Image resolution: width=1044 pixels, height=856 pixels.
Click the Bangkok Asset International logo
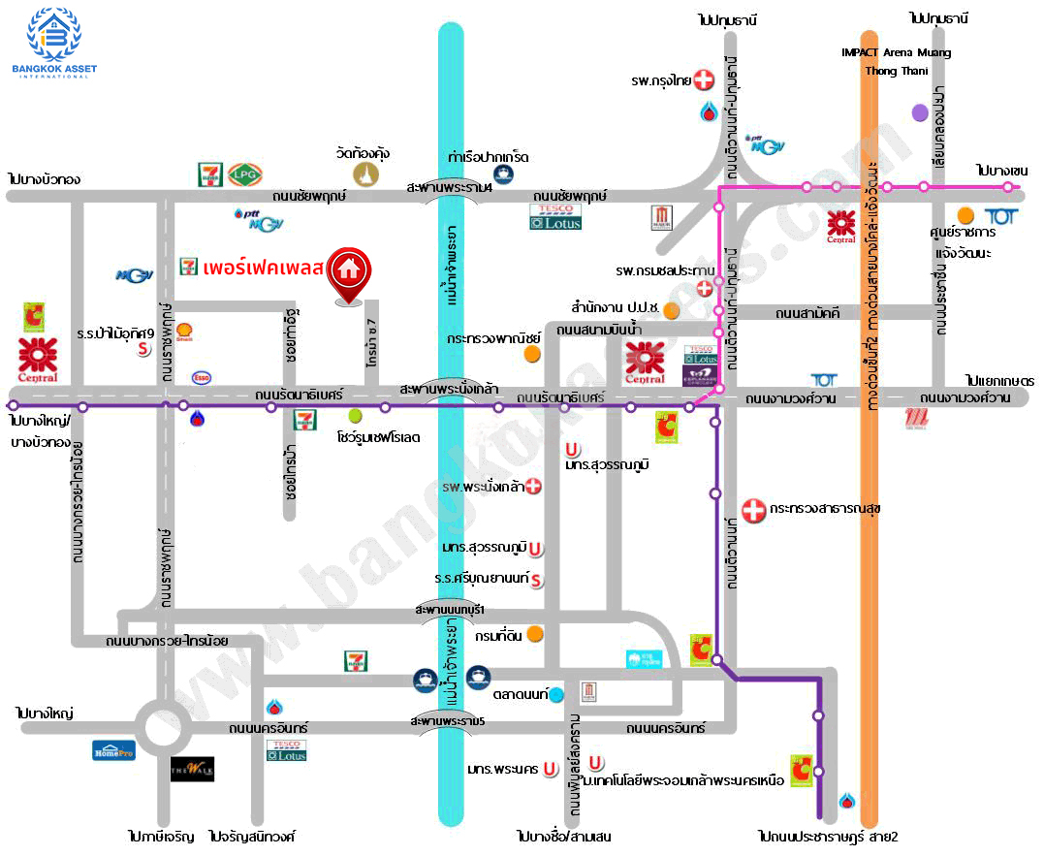coord(54,40)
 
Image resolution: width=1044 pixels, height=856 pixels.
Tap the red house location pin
coord(346,272)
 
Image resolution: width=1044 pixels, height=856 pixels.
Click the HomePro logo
coord(113,749)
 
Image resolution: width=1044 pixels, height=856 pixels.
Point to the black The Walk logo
coord(192,770)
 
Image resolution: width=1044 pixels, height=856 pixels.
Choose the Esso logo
coord(202,377)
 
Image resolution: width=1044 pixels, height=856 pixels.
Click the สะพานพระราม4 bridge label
coord(450,186)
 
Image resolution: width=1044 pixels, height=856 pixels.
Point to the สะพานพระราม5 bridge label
coord(447,722)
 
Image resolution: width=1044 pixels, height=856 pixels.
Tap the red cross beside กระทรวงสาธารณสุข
coord(752,509)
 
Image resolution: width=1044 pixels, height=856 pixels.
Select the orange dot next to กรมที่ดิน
coord(534,634)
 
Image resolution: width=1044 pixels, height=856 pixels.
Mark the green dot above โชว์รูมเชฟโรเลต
coord(356,415)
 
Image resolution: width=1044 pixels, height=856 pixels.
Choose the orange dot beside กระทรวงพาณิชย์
coord(531,354)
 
